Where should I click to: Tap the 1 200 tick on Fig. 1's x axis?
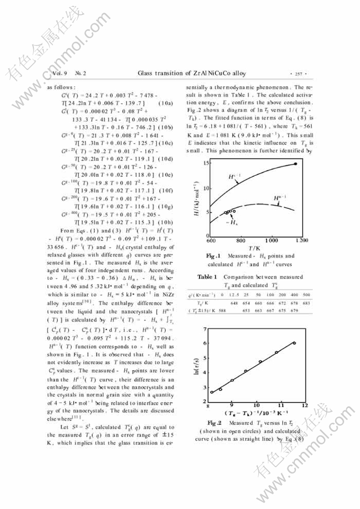[x=302, y=240]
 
